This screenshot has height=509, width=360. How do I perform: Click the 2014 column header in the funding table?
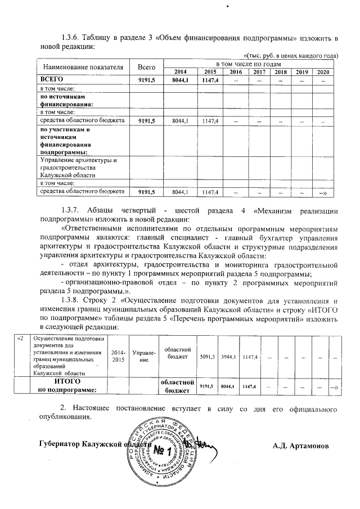point(179,72)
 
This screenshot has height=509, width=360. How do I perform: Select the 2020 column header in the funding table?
point(323,72)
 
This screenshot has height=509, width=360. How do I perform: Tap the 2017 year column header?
point(259,72)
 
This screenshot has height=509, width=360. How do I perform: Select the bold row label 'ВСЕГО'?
point(49,80)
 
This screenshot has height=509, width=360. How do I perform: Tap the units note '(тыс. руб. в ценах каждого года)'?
point(292,55)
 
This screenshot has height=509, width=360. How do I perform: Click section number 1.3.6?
point(73,38)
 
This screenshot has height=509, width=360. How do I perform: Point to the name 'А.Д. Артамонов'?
point(301,446)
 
